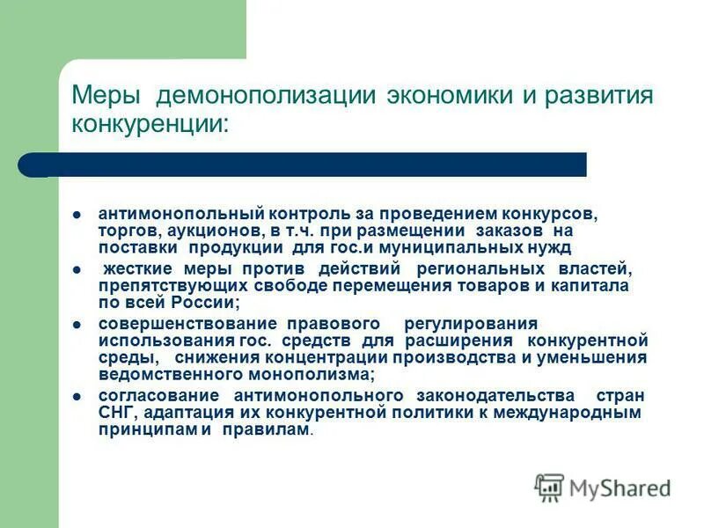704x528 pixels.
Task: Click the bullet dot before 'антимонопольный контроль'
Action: pyautogui.click(x=77, y=214)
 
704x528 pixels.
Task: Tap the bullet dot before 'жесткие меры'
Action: pyautogui.click(x=77, y=268)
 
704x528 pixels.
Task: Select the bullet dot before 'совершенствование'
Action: pyautogui.click(x=77, y=323)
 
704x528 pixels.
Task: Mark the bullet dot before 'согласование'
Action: pyautogui.click(x=77, y=395)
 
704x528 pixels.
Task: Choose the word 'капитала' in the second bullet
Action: pyautogui.click(x=593, y=286)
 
